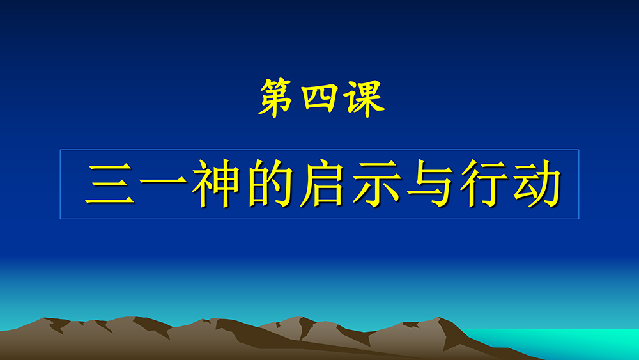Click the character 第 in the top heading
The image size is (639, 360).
click(x=276, y=98)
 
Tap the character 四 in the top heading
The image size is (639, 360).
click(x=320, y=98)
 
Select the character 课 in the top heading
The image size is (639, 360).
click(x=364, y=98)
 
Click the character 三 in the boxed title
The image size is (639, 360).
click(x=110, y=184)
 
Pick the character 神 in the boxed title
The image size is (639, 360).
click(x=216, y=184)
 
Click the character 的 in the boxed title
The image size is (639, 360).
click(x=270, y=184)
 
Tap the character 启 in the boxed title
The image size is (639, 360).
click(x=323, y=184)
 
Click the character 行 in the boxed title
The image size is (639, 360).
click(x=484, y=184)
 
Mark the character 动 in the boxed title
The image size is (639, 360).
click(x=537, y=184)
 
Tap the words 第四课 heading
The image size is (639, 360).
click(x=322, y=98)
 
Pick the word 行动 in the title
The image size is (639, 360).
click(x=511, y=184)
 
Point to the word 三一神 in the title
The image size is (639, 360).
click(x=162, y=184)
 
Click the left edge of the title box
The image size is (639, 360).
click(x=60, y=184)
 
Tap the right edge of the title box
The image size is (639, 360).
click(x=579, y=184)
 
